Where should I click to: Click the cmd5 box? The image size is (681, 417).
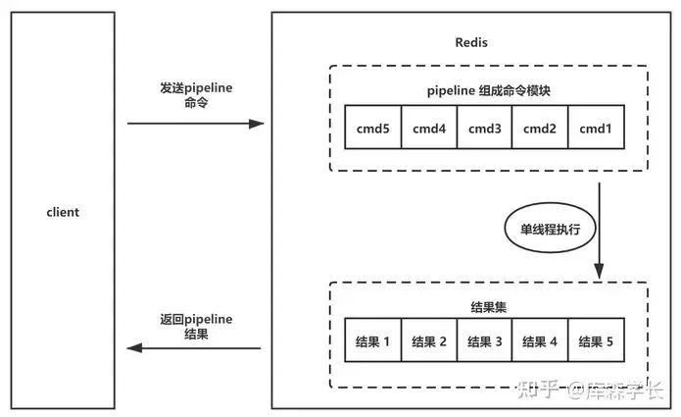[373, 127]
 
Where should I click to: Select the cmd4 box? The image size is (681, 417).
[429, 127]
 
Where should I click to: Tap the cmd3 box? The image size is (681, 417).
[485, 127]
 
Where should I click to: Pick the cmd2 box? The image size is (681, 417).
[540, 127]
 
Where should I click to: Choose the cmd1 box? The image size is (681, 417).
[596, 127]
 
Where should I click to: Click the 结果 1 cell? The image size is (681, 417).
[373, 340]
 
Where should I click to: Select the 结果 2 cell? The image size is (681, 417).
[429, 340]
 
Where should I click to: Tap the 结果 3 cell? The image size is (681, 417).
[485, 340]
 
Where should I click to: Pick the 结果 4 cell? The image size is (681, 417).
[540, 340]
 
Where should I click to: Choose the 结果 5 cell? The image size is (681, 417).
[596, 340]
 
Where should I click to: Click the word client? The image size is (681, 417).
[63, 212]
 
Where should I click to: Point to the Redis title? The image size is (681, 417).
[471, 42]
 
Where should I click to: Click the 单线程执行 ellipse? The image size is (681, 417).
[551, 228]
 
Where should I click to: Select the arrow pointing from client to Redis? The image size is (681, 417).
[195, 124]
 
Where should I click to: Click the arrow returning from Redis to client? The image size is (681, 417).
[194, 348]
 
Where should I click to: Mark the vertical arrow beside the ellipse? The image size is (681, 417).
[600, 231]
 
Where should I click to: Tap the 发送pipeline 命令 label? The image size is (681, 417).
[196, 95]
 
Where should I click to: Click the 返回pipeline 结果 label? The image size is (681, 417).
[196, 327]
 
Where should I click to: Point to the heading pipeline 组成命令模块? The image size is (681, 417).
[489, 91]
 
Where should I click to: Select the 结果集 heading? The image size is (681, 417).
[489, 307]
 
